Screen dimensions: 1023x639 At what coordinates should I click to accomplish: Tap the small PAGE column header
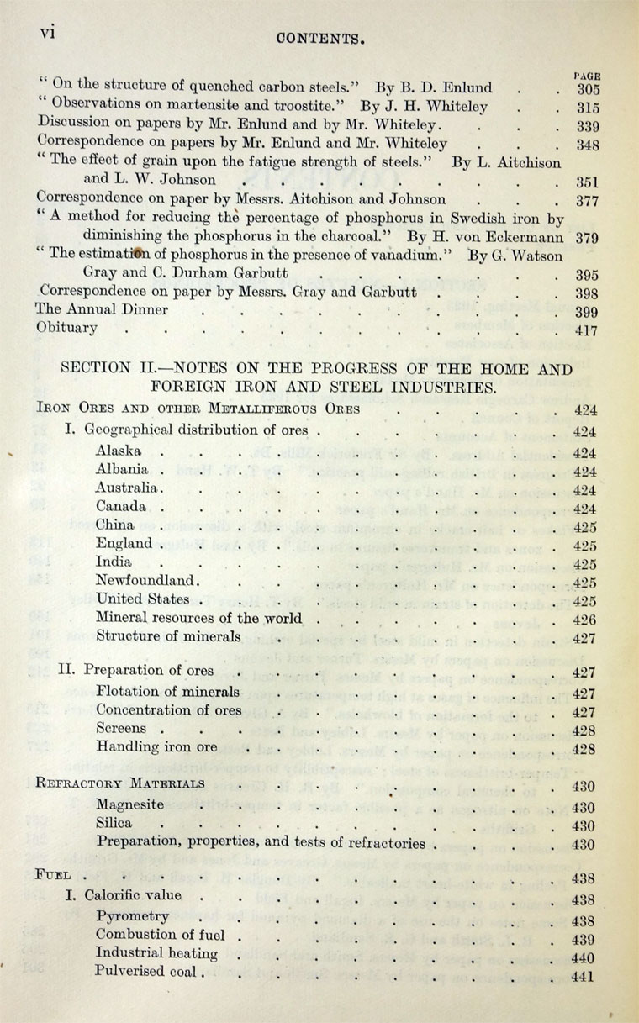(x=586, y=74)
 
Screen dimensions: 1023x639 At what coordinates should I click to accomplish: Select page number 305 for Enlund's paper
(x=587, y=88)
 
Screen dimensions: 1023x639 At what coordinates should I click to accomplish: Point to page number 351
(x=587, y=181)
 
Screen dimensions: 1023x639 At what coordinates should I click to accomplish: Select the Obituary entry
(x=66, y=328)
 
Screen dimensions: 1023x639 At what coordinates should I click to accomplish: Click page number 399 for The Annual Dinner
(x=587, y=312)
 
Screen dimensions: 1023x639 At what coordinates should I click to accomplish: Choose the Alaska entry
(x=119, y=451)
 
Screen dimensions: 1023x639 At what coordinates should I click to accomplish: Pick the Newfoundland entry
(x=147, y=580)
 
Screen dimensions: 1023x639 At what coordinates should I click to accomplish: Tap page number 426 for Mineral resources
(x=585, y=620)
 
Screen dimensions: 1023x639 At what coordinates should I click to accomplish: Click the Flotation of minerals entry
(x=167, y=692)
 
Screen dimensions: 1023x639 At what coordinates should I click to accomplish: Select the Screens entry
(x=121, y=729)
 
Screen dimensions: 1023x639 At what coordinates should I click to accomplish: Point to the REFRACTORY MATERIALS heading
(x=121, y=783)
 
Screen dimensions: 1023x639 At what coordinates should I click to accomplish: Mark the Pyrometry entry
(x=132, y=916)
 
